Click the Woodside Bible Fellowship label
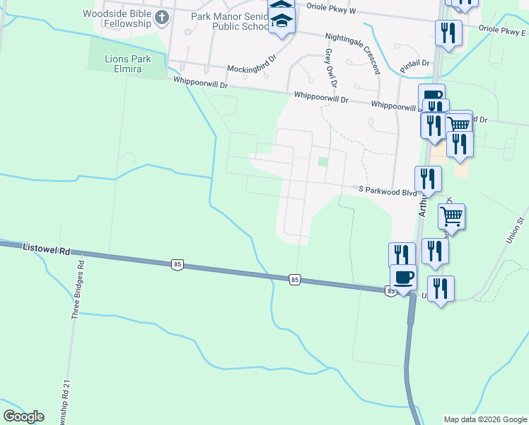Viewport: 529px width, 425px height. (117, 18)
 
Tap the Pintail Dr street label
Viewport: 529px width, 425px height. (414, 63)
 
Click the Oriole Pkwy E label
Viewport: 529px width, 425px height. (502, 30)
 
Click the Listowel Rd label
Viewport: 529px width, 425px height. (47, 249)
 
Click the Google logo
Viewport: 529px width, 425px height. (23, 416)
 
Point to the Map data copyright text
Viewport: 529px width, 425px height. (484, 419)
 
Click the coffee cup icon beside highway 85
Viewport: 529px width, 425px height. (403, 277)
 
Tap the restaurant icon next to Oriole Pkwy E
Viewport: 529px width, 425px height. (448, 32)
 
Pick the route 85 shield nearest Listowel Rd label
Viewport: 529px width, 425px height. (177, 264)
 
